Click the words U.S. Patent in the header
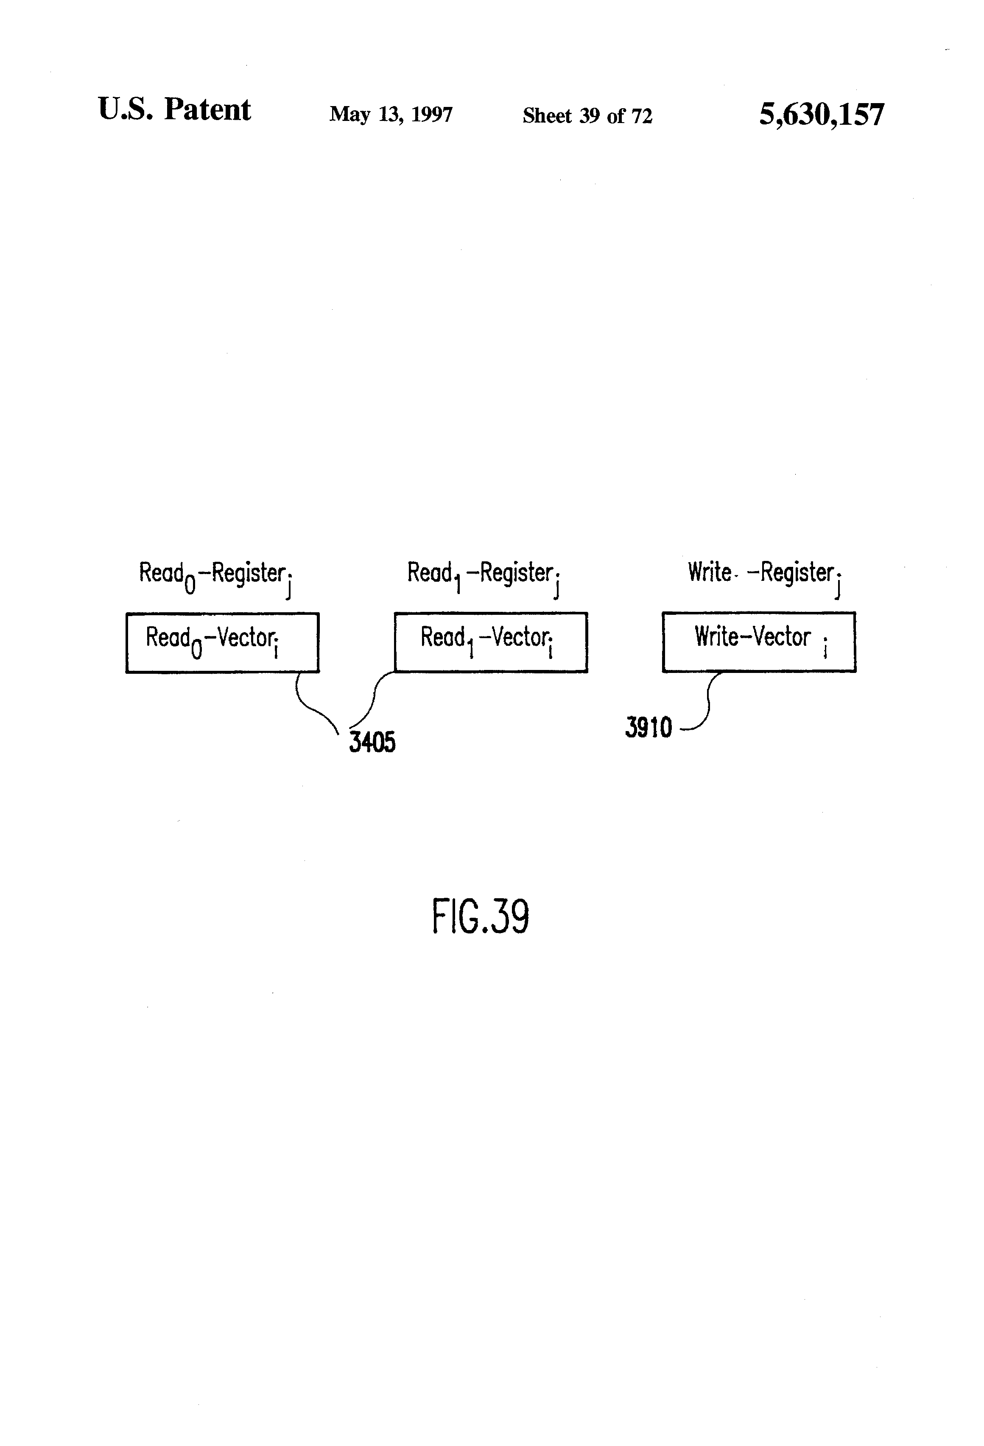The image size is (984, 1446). (174, 110)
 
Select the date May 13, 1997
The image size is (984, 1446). (391, 115)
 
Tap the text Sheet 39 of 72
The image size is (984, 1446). (587, 116)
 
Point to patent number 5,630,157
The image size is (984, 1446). (821, 115)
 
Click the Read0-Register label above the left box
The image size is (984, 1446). (215, 575)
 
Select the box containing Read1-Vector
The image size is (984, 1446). (490, 642)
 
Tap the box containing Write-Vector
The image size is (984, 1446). (758, 642)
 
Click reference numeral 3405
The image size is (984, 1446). (372, 742)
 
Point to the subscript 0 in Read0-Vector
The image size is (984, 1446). (196, 650)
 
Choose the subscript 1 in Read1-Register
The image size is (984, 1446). (457, 585)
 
